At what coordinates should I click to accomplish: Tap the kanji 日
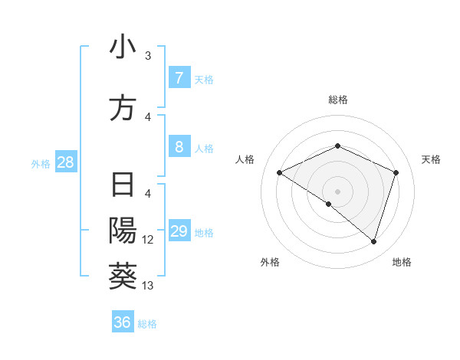123,186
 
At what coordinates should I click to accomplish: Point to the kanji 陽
123,231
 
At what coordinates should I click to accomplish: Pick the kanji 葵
123,275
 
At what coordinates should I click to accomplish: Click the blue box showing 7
179,78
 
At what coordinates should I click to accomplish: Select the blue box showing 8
179,147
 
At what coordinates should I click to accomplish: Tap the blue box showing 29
179,232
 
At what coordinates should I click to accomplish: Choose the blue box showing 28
65,162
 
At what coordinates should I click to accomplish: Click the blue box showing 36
123,322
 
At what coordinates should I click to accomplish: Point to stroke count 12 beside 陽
148,240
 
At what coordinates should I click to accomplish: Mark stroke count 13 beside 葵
148,286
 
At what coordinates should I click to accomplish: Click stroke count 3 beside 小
148,56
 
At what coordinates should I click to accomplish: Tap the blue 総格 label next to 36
147,323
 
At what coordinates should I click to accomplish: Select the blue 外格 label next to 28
41,163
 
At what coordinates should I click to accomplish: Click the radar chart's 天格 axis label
431,159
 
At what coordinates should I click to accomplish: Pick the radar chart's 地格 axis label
402,262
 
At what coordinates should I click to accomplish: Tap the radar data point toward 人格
280,173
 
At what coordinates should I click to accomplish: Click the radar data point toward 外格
329,205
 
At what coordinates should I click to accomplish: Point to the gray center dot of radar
337,191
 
